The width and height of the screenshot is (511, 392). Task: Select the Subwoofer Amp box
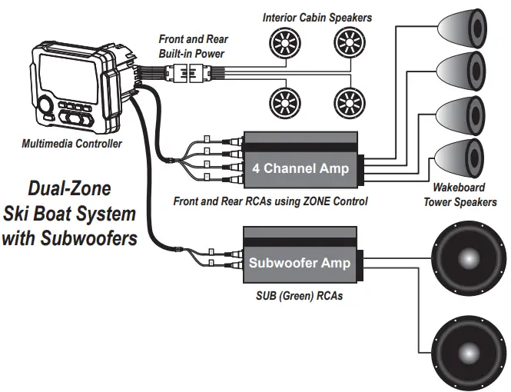299,262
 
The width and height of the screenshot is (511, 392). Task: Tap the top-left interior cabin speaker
282,40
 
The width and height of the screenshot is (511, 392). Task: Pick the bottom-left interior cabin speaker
282,101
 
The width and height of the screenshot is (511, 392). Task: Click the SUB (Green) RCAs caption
299,295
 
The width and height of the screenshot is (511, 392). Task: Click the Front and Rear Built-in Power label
193,45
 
